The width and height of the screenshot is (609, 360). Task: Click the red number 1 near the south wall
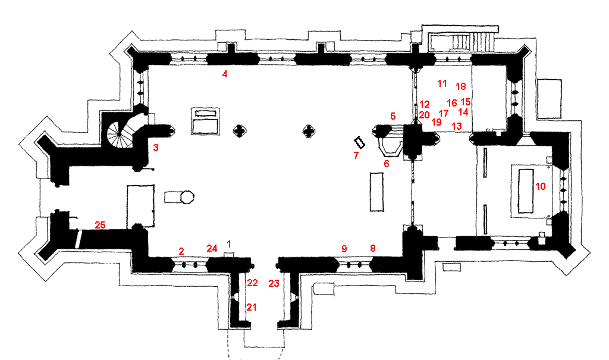[x=230, y=244]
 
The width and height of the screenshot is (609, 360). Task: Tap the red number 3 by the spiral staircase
[x=155, y=148]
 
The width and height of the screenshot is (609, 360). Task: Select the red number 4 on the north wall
[x=225, y=74]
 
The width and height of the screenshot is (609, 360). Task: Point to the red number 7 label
[x=356, y=155]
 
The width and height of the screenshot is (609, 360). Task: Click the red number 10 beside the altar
[x=540, y=186]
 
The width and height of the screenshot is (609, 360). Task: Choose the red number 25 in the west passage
[x=100, y=225]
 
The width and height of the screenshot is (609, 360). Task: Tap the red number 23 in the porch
[x=274, y=283]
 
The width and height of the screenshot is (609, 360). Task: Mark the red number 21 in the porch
[x=252, y=307]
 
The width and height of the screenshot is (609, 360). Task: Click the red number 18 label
[x=460, y=86]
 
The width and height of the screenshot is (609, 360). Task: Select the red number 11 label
[x=442, y=83]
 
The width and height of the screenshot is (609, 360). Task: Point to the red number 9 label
[x=343, y=248]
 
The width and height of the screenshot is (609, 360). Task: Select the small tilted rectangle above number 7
[x=359, y=143]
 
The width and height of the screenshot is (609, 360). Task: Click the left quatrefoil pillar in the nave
[x=240, y=130]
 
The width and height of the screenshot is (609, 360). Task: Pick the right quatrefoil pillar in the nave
[x=308, y=130]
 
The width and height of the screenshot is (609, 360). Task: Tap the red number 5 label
[x=393, y=115]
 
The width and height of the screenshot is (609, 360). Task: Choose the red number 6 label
[x=386, y=164]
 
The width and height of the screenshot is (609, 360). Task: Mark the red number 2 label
[x=181, y=251]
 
